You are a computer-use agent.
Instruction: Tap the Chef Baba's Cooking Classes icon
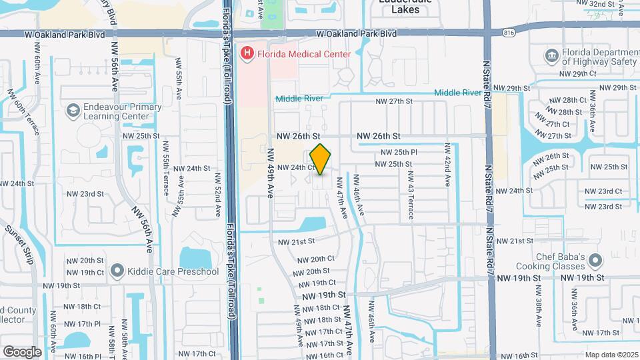597,258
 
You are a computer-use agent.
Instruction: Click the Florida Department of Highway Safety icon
551,55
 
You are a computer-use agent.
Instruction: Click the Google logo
23,351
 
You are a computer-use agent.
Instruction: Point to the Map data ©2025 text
611,355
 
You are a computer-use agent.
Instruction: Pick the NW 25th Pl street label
398,153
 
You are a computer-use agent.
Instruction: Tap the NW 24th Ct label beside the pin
295,167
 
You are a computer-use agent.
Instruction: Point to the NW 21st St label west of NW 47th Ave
296,241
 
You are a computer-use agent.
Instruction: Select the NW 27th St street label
395,101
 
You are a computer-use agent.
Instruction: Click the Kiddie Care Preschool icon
117,271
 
